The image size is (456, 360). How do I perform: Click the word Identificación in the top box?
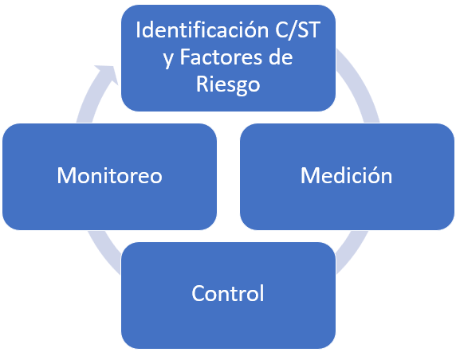[202, 30]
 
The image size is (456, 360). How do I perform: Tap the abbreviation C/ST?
[297, 30]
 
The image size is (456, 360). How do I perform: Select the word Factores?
[222, 57]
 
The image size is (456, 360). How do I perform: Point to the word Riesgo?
[228, 84]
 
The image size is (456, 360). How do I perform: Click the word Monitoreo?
[109, 175]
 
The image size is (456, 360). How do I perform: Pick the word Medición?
[346, 175]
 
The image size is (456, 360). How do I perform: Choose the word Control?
[228, 293]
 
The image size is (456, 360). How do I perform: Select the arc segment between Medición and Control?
[352, 252]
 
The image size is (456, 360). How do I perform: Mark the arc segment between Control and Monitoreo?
[104, 252]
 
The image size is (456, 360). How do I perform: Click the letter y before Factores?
[168, 59]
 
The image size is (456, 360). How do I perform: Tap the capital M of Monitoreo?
[67, 175]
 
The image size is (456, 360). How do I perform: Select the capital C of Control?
[199, 293]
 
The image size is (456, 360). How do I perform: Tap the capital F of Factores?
[186, 57]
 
